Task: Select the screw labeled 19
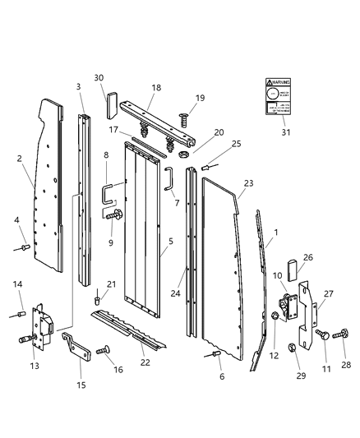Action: click(x=185, y=118)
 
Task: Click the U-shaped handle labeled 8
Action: click(x=108, y=195)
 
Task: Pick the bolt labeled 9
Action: click(x=116, y=215)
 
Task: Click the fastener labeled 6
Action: click(x=215, y=354)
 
